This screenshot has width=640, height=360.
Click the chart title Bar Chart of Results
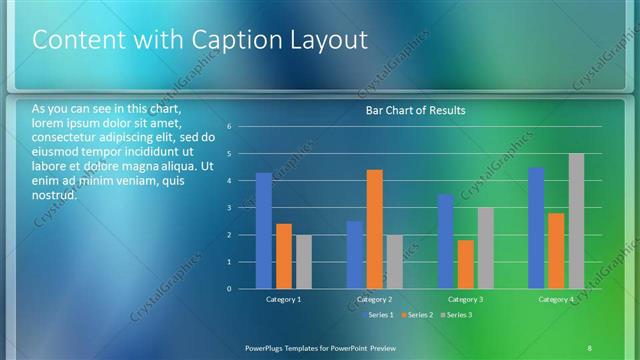[x=414, y=110]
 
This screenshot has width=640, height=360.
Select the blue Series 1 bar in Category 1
[x=263, y=231]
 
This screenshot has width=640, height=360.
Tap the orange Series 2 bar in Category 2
[x=374, y=229]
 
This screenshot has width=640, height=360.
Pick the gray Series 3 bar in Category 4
[x=576, y=221]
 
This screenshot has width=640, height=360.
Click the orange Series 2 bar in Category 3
[x=465, y=264]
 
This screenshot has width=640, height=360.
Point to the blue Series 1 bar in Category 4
[x=536, y=228]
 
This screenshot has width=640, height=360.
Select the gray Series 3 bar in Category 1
[x=303, y=262]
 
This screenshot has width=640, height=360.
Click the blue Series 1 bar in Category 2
[x=355, y=255]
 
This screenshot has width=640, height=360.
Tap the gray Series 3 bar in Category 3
[x=485, y=248]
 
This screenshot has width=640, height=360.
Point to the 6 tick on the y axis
[x=229, y=127]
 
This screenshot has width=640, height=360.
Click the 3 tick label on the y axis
[x=229, y=208]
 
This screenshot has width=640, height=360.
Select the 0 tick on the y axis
[x=229, y=289]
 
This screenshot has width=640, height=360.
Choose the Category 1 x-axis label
[x=283, y=300]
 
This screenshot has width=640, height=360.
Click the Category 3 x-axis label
[x=465, y=300]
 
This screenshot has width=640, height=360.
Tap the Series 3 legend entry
[x=457, y=315]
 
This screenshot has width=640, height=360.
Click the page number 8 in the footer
[x=589, y=347]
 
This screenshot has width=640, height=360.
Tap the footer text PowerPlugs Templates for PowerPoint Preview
[x=320, y=347]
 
